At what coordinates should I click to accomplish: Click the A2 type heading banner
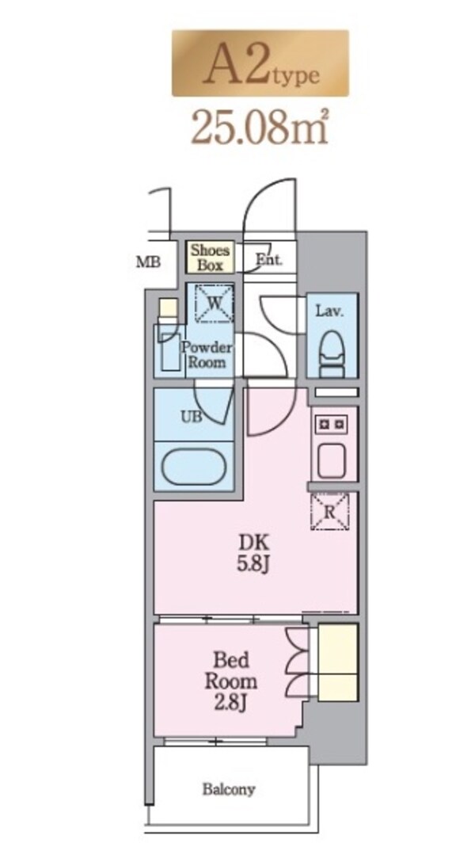(x=260, y=63)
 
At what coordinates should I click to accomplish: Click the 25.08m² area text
(x=260, y=128)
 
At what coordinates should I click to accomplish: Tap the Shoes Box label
(x=211, y=258)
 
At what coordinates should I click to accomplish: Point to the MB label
(x=148, y=262)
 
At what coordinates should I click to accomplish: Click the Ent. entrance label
(x=269, y=259)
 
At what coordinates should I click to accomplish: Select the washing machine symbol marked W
(x=215, y=303)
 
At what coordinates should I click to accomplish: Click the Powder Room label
(x=207, y=356)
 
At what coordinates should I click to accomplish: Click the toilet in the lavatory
(x=332, y=353)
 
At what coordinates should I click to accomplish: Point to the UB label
(x=191, y=416)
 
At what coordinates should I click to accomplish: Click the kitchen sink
(x=331, y=461)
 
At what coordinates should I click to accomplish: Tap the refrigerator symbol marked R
(x=330, y=511)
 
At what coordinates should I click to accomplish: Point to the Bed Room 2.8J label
(x=231, y=681)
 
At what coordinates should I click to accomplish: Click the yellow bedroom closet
(x=338, y=662)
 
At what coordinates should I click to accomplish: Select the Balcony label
(x=229, y=789)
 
